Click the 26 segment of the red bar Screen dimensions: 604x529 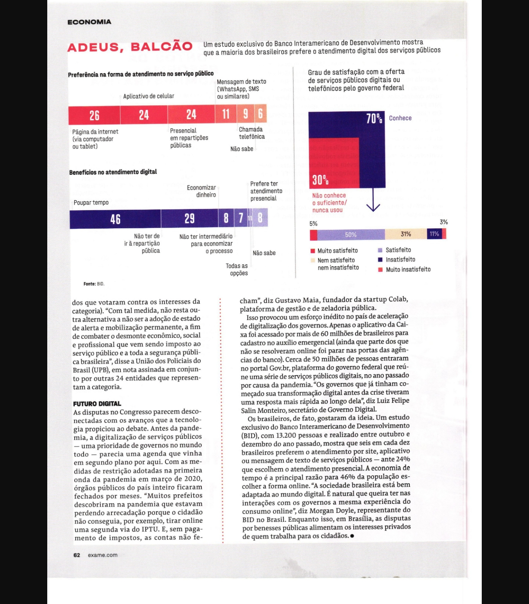point(94,115)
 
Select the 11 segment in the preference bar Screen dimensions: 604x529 point(226,114)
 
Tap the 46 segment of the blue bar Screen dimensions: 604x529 point(115,219)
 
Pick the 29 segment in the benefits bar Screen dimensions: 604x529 point(189,219)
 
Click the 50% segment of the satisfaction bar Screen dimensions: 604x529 point(351,234)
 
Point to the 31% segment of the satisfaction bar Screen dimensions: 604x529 point(405,234)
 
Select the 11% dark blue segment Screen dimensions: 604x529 point(434,234)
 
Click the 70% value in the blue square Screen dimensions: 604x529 point(374,118)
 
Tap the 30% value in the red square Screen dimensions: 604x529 point(320,180)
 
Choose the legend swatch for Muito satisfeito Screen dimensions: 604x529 point(313,251)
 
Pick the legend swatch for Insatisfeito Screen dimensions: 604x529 point(380,260)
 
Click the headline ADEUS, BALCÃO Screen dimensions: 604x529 point(130,47)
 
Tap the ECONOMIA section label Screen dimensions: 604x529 point(89,22)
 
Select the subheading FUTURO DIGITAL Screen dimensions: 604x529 point(97,404)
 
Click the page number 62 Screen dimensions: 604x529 point(77,555)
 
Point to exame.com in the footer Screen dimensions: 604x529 point(103,555)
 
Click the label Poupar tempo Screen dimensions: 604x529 point(91,202)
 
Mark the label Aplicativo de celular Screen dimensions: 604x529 point(149,96)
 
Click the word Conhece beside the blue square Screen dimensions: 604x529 point(400,118)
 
